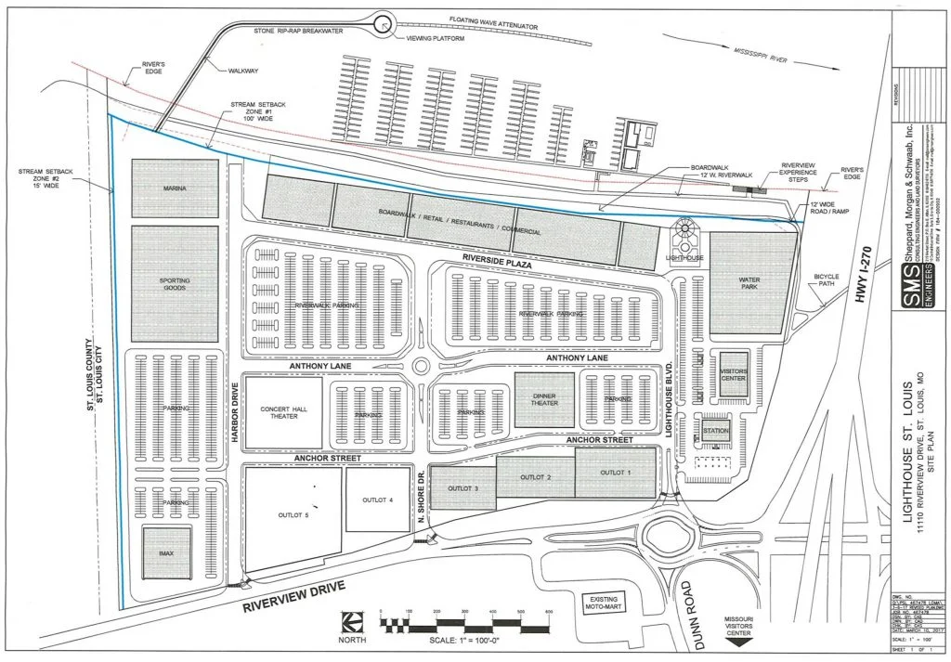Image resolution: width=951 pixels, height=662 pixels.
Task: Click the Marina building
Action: click(175, 189)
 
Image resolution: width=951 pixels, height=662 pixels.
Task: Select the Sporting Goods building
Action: click(175, 284)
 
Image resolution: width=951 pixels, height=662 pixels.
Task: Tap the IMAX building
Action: click(166, 553)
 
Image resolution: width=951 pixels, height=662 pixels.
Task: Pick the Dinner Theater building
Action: click(544, 399)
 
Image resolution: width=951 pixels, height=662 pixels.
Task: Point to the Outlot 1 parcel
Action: click(615, 473)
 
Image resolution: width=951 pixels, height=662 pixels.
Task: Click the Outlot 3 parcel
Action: click(462, 488)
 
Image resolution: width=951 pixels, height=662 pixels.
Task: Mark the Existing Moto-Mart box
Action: click(605, 604)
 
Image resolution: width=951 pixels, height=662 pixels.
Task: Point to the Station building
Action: click(715, 432)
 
